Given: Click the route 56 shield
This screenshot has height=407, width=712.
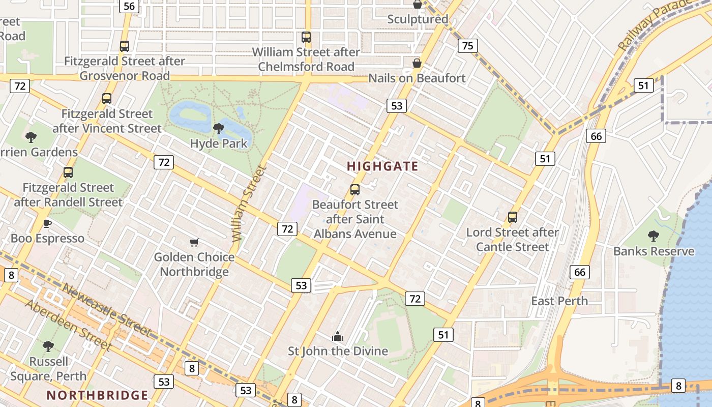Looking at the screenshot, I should point(129,6).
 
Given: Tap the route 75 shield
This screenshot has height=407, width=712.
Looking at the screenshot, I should point(467,46).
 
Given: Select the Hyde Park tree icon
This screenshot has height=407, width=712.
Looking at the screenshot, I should point(219,128).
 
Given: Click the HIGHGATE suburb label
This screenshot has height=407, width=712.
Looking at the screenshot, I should point(382,166).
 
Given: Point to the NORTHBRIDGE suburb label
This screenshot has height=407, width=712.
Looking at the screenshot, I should point(97,395).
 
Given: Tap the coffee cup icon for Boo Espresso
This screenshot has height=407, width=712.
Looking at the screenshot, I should point(47,223).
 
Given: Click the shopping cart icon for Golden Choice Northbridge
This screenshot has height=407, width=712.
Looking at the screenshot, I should point(194,242).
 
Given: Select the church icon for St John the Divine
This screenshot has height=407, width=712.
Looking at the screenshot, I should point(338,336).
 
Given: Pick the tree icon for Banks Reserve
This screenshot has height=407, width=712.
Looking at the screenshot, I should point(654,236).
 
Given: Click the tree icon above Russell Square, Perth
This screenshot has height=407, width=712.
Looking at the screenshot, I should point(48,346).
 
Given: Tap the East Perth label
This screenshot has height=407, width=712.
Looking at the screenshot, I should point(559,301).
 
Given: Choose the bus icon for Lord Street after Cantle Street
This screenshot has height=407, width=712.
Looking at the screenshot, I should point(513,217).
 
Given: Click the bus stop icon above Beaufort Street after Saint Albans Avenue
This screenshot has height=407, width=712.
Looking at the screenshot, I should point(355,190).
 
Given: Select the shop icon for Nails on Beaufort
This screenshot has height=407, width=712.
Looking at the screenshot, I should point(417,63).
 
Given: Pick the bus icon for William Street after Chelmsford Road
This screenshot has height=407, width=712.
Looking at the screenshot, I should point(306,37).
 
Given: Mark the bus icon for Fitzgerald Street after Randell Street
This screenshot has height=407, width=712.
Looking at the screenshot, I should point(68,172).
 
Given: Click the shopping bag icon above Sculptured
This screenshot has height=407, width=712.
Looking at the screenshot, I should point(418,5).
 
